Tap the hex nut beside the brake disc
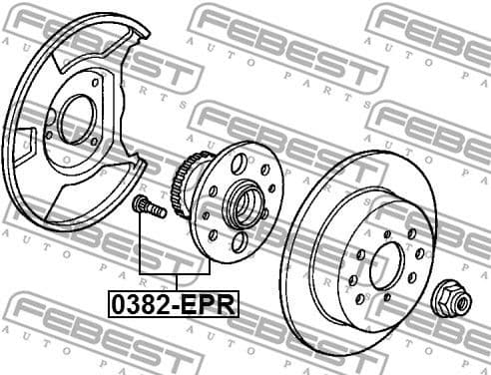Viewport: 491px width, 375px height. pos(446,297)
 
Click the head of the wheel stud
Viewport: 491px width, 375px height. pos(139,205)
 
